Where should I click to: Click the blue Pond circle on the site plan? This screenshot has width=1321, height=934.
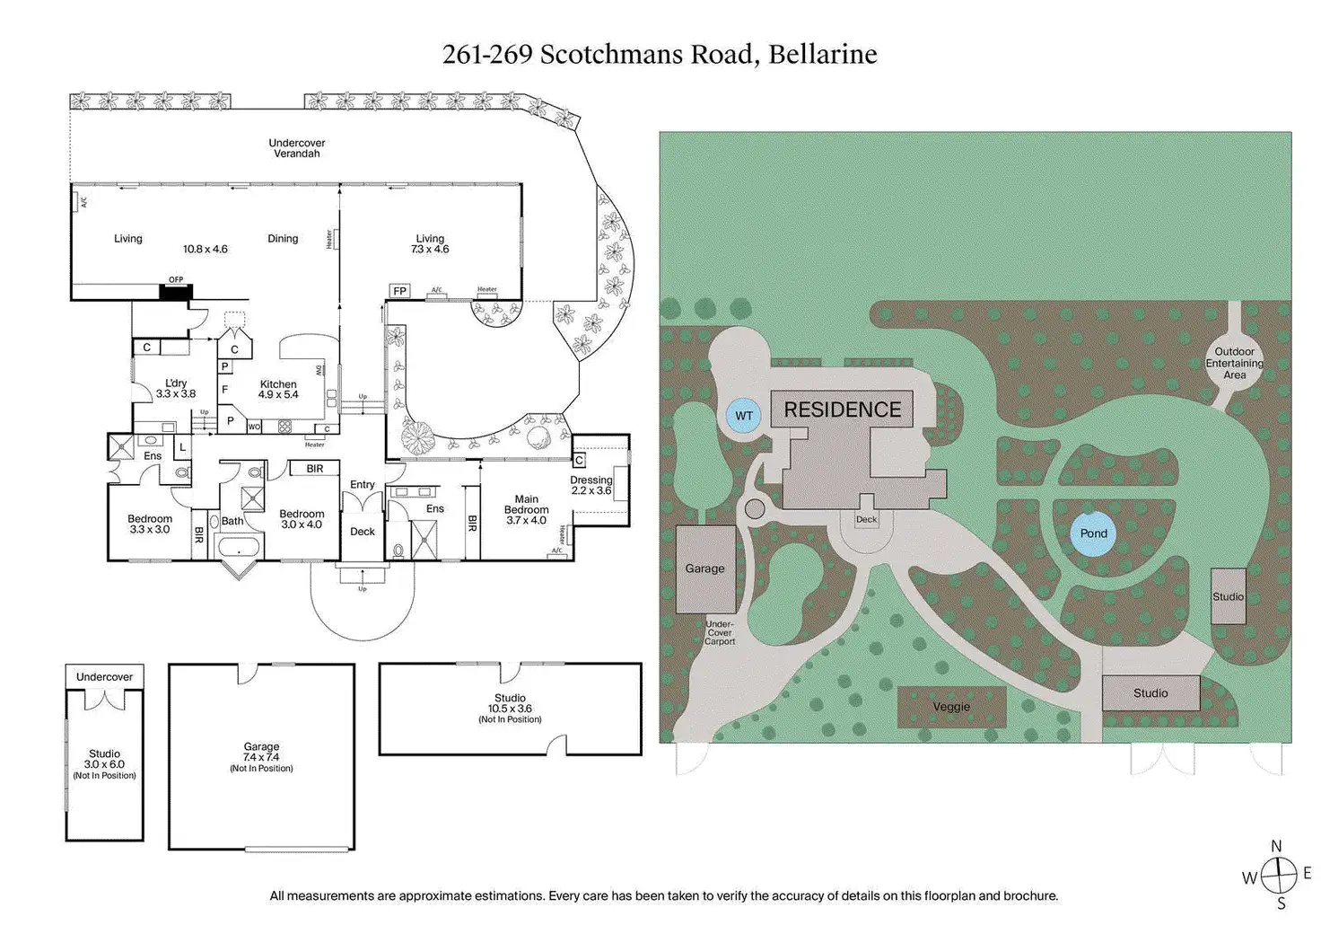pos(1093,533)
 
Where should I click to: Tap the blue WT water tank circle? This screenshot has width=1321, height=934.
pos(744,416)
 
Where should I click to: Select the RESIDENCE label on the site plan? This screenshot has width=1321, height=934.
pos(842,410)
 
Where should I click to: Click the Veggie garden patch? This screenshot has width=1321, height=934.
pos(951,707)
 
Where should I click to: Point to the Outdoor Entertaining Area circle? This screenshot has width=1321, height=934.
pos(1234,363)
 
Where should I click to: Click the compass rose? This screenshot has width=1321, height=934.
pos(1278,874)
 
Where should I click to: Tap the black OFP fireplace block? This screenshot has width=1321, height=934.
pos(175,290)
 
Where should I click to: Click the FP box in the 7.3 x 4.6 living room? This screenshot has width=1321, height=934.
pos(400,291)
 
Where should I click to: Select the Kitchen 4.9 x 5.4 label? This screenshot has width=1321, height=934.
pos(278,390)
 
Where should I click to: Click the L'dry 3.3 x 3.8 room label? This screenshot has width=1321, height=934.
pos(176,389)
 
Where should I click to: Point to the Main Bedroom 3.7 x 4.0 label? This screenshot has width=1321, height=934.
pos(526,510)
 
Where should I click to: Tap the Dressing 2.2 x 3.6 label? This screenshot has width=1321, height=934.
pos(591,485)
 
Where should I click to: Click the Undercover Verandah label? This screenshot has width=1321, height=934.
pos(297,148)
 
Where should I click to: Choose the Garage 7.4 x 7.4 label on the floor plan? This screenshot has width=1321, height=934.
pos(261,757)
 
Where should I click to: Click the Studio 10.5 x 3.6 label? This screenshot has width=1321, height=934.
pos(510,709)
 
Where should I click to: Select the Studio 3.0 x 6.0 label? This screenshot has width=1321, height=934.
pos(104,764)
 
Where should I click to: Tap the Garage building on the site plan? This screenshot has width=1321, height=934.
pos(704,568)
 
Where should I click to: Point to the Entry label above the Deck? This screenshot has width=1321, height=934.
pos(363,485)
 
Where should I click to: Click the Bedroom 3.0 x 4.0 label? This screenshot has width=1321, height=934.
pos(302,519)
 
